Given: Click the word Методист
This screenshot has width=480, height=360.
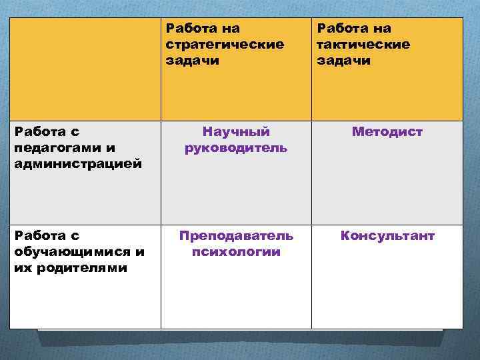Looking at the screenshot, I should point(387,132).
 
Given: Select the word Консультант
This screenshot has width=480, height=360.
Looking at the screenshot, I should point(387,236).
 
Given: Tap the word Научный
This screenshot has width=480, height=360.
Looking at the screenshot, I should point(236,132).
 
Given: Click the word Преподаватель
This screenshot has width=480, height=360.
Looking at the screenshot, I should point(236,236).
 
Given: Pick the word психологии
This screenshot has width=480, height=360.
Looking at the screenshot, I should point(236,252).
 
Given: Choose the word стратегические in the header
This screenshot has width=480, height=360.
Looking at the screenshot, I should point(225,44).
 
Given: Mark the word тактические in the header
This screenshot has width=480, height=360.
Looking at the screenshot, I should point(363,44).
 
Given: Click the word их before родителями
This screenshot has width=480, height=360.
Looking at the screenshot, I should point(21,268).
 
